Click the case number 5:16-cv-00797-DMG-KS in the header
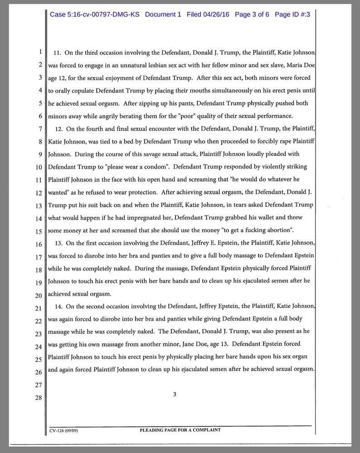coord(95,14)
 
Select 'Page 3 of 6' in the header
coord(252,14)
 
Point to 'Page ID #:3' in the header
coord(292,14)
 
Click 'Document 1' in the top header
coord(163,14)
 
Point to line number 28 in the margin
coord(39,398)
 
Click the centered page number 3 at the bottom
coord(175,394)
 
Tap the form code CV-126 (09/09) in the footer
coord(64,430)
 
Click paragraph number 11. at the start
coord(58,53)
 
